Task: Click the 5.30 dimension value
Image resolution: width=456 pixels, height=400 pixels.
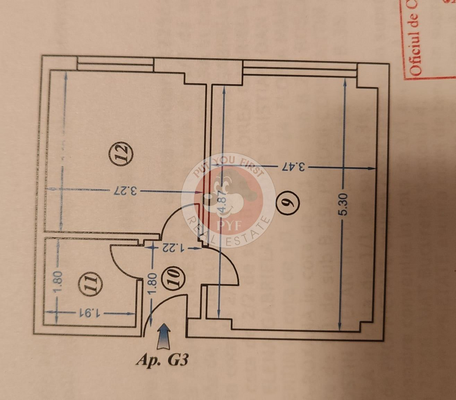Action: click(x=343, y=203)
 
